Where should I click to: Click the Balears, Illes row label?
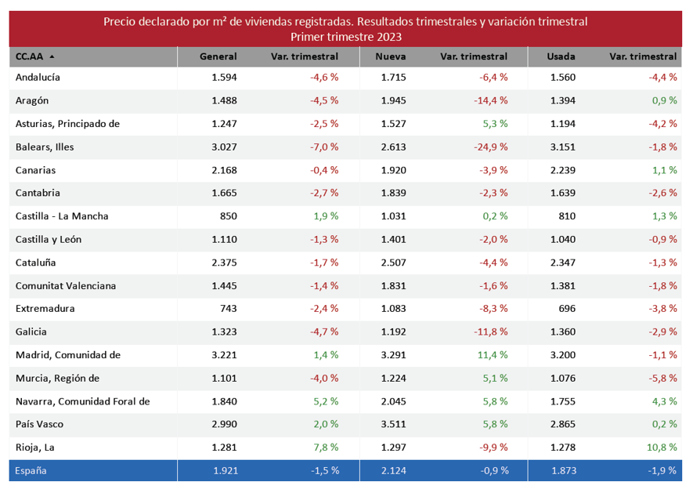pyautogui.click(x=45, y=147)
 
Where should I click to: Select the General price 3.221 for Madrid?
pyautogui.click(x=224, y=355)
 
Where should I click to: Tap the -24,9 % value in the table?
pyautogui.click(x=491, y=147)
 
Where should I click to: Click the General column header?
pyautogui.click(x=218, y=56)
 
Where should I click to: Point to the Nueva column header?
pyautogui.click(x=390, y=56)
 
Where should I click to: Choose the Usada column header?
pyautogui.click(x=561, y=56)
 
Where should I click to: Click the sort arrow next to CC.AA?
pyautogui.click(x=52, y=57)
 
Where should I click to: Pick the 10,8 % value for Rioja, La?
pyautogui.click(x=663, y=448)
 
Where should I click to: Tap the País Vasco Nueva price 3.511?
pyautogui.click(x=394, y=424)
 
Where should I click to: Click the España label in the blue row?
pyautogui.click(x=32, y=471)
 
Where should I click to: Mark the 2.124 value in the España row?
pyautogui.click(x=394, y=471)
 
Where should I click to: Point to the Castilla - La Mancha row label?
pyautogui.click(x=62, y=216)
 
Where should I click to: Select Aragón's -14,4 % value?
pyautogui.click(x=491, y=100)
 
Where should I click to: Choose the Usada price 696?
pyautogui.click(x=567, y=309)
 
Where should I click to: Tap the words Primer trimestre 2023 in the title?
pyautogui.click(x=345, y=36)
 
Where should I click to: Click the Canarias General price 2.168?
pyautogui.click(x=224, y=170)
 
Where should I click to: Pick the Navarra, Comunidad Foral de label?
pyautogui.click(x=82, y=401)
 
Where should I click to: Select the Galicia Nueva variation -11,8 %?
pyautogui.click(x=491, y=332)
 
